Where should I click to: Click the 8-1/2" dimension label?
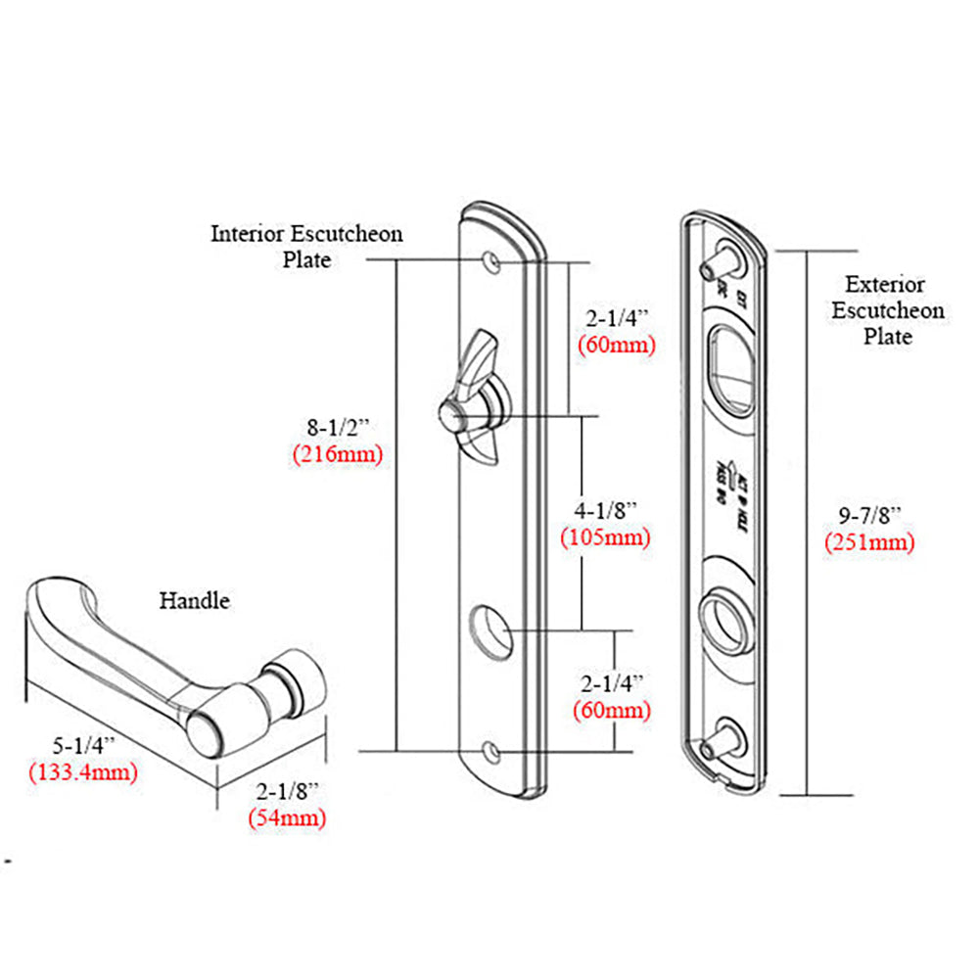(337, 429)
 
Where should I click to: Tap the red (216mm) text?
(337, 454)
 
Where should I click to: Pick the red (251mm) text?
(868, 542)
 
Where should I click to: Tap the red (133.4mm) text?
(82, 771)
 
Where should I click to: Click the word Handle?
(195, 600)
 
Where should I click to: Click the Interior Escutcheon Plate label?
(306, 247)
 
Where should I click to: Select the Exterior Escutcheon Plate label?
(887, 310)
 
